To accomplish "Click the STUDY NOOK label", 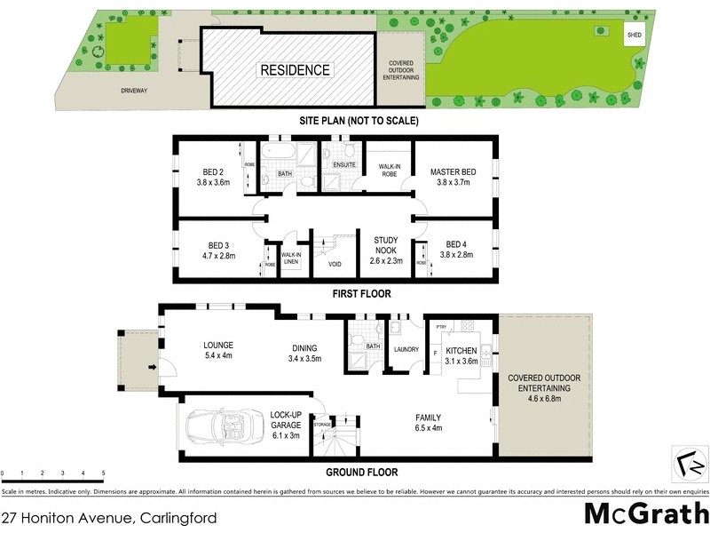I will [386, 244].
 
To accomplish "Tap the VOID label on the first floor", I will [335, 264].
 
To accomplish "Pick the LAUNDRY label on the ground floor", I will [406, 349].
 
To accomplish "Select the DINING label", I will [304, 347].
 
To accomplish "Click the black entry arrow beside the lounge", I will [152, 366].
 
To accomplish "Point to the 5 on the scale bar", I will [104, 473].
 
